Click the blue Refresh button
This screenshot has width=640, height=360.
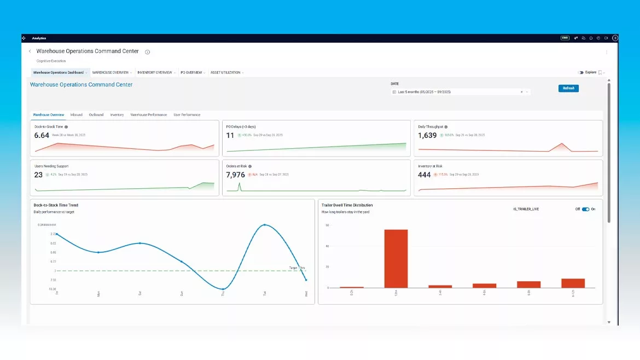click(568, 88)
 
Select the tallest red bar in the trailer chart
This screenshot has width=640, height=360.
click(396, 258)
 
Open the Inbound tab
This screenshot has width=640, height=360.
click(77, 115)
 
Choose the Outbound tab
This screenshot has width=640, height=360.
click(96, 115)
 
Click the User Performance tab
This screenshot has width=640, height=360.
click(187, 115)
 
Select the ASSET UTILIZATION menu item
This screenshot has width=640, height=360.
click(225, 72)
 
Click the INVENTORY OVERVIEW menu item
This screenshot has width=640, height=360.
click(155, 72)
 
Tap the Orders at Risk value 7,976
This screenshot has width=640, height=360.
click(236, 175)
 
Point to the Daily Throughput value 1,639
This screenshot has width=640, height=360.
click(427, 136)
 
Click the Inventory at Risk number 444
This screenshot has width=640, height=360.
click(424, 175)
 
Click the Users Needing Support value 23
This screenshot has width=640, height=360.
click(38, 175)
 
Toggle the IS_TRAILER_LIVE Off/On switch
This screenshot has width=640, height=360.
click(585, 209)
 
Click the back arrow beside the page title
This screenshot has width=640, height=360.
click(30, 51)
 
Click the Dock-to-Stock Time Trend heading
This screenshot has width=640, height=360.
click(56, 205)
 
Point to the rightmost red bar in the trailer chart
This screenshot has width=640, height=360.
click(573, 283)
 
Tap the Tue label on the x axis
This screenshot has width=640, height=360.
click(265, 293)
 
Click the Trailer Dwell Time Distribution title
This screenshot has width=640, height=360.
click(347, 205)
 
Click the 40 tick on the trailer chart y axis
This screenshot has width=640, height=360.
click(327, 246)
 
